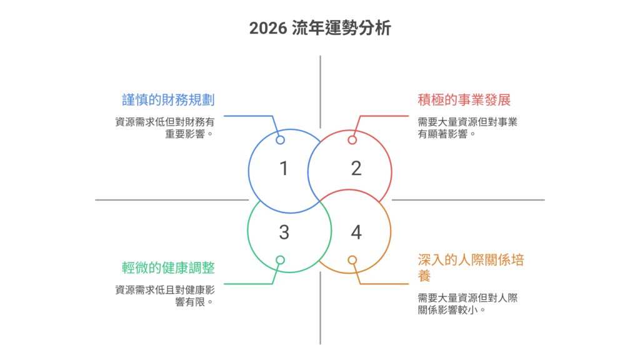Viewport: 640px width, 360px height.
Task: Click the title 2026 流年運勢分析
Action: pyautogui.click(x=319, y=29)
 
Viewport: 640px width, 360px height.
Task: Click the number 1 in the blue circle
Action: pyautogui.click(x=284, y=169)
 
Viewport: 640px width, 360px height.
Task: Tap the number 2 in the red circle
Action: pyautogui.click(x=356, y=169)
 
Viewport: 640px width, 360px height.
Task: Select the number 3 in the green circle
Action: pyautogui.click(x=284, y=233)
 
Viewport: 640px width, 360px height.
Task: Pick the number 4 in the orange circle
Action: pyautogui.click(x=356, y=233)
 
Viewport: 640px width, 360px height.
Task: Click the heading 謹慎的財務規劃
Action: pyautogui.click(x=168, y=99)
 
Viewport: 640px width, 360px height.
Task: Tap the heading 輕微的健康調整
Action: pyautogui.click(x=168, y=268)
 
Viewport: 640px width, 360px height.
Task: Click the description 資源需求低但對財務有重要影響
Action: pyautogui.click(x=165, y=127)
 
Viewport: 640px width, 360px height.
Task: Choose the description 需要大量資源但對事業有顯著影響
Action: pyautogui.click(x=467, y=127)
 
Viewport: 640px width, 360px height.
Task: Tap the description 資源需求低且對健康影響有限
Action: pyautogui.click(x=165, y=296)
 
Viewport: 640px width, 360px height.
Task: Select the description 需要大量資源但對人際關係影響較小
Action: pyautogui.click(x=467, y=304)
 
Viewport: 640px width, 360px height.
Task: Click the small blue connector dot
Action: pyautogui.click(x=281, y=140)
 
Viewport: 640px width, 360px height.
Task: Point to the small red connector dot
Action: pyautogui.click(x=352, y=140)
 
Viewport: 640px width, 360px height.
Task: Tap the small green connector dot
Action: pyautogui.click(x=281, y=260)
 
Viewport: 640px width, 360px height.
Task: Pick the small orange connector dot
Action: pyautogui.click(x=352, y=260)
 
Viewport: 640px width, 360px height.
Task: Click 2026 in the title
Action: pyautogui.click(x=267, y=29)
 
